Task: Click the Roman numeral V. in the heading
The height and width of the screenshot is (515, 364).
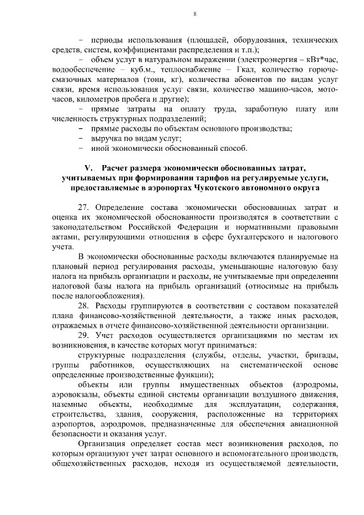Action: coord(88,168)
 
